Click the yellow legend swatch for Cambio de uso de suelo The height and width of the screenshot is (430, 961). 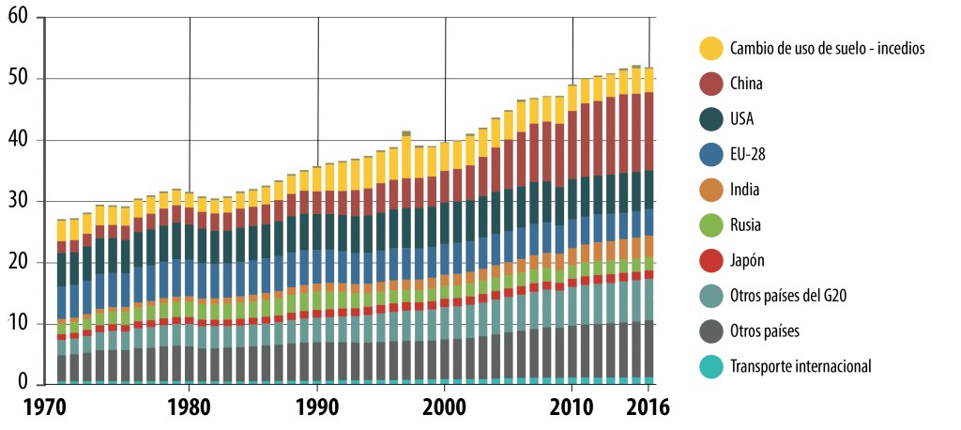pyautogui.click(x=712, y=48)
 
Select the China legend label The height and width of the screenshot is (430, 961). pyautogui.click(x=747, y=84)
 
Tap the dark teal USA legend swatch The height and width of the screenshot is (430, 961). pyautogui.click(x=712, y=119)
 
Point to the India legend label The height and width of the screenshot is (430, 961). pyautogui.click(x=747, y=190)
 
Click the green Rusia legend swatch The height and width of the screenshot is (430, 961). pyautogui.click(x=712, y=225)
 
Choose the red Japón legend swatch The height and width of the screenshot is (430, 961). pyautogui.click(x=712, y=261)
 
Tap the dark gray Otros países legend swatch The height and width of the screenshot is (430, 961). pyautogui.click(x=712, y=331)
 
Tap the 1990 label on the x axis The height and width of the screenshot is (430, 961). pyautogui.click(x=317, y=408)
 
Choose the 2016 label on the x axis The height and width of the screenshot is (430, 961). pyautogui.click(x=648, y=408)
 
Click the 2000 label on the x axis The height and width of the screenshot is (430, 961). pyautogui.click(x=445, y=408)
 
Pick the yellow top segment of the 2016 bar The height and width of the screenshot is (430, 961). pyautogui.click(x=648, y=80)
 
